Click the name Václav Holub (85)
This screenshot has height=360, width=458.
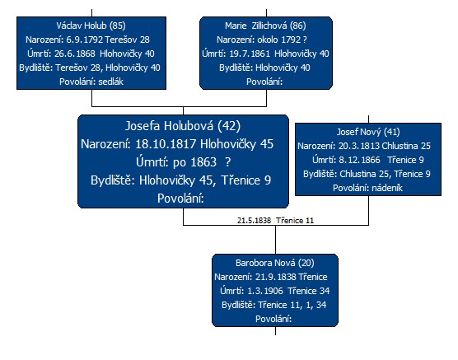91,26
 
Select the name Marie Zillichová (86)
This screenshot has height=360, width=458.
265,26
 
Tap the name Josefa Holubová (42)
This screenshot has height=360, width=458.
183,126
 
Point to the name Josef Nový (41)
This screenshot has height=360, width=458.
368,132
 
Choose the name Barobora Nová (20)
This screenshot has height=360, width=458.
275,263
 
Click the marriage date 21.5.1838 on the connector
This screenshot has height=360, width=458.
254,220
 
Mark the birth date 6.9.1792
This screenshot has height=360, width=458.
84,40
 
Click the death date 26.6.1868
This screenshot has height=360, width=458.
75,54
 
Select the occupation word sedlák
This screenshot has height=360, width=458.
110,82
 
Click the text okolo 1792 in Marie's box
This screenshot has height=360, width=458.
279,40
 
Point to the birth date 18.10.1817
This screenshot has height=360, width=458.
166,144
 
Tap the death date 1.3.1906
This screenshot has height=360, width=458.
265,291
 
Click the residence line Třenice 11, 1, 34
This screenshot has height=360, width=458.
292,305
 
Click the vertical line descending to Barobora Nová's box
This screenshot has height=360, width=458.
275,240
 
